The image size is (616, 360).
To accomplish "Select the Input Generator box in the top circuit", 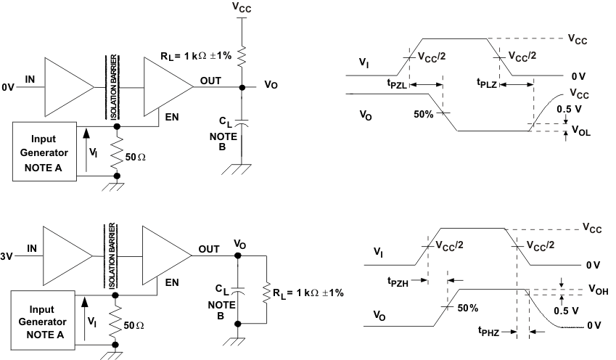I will point(44,152).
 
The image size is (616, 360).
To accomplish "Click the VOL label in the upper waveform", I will point(581,131).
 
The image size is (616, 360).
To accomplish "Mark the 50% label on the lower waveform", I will point(468,308).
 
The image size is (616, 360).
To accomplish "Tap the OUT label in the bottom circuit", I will point(210,249).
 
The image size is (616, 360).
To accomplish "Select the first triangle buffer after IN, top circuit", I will point(67,86).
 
